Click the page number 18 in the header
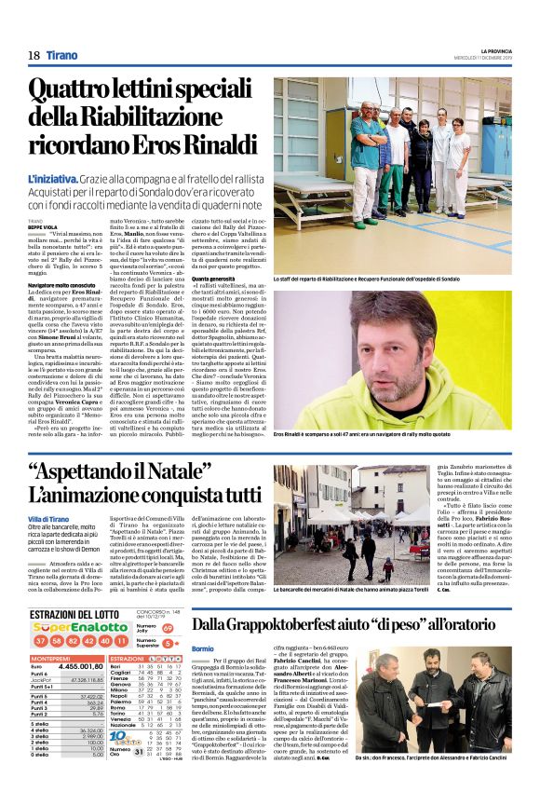pos(34,56)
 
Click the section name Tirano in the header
pos(62,56)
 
